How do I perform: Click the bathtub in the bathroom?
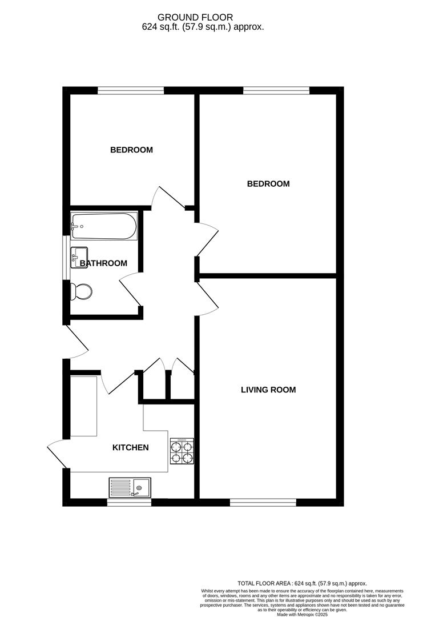pos(104,227)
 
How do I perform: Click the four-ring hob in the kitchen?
pos(182,451)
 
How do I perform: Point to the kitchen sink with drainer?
pos(130,487)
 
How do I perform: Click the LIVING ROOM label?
pos(268,390)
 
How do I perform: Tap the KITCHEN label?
pos(130,447)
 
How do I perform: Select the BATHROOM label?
pos(103,263)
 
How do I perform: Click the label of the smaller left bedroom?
pos(131,150)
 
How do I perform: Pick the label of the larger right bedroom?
pos(268,184)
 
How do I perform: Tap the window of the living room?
pos(263,503)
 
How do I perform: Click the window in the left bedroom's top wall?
pos(131,90)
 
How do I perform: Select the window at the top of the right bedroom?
pos(276,90)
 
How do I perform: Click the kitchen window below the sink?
pos(130,503)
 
